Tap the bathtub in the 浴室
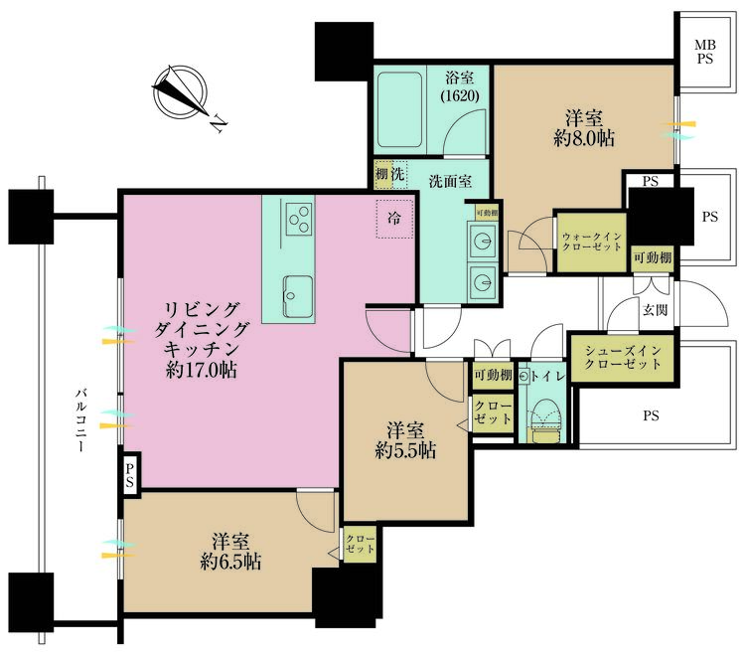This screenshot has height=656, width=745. point(399,109)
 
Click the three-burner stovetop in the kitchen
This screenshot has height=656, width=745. point(299,219)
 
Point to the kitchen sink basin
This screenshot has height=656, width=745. point(298,296)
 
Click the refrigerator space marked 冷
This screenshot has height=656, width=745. point(394,219)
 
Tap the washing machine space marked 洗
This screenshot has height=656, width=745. point(398,174)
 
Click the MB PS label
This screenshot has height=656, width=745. point(705,53)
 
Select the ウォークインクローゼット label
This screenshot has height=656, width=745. point(592,242)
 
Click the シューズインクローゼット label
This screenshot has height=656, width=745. point(623,358)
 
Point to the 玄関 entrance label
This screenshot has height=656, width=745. point(656,310)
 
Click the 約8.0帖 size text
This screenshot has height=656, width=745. point(584,138)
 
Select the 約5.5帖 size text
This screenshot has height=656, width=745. point(405,450)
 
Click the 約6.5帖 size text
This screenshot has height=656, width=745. point(230,563)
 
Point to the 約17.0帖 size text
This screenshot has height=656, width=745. point(202,370)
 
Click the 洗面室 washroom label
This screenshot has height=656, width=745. point(450,181)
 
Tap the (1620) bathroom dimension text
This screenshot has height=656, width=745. point(460,96)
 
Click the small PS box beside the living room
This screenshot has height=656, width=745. point(130,475)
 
